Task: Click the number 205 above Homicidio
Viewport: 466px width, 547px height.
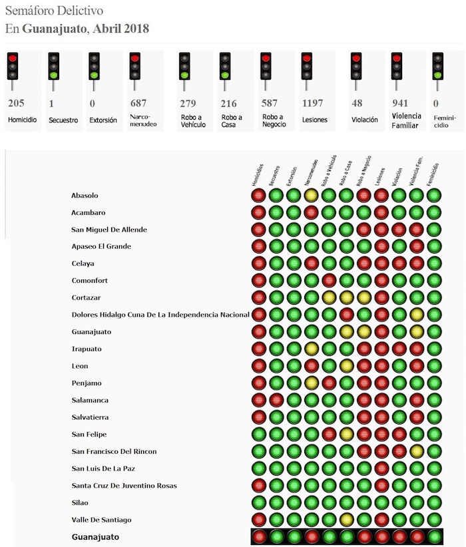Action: click(17, 103)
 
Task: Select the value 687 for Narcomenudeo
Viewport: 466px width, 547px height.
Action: click(138, 103)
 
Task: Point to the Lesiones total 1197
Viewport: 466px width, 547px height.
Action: click(312, 103)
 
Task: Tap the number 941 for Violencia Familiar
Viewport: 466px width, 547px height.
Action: click(400, 103)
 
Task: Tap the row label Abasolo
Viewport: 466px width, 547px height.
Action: click(85, 196)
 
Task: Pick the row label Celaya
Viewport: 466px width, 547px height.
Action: click(83, 264)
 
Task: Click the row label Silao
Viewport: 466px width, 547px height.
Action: click(80, 502)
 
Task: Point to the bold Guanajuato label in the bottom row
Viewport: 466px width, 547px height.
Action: click(96, 536)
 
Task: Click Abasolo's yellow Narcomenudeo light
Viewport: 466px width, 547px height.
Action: click(311, 196)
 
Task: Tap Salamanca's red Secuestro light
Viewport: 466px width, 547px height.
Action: click(276, 400)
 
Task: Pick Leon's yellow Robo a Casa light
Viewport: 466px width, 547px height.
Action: click(346, 365)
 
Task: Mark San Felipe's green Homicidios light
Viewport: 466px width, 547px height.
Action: click(259, 434)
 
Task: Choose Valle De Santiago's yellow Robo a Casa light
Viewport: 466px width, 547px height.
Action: click(346, 519)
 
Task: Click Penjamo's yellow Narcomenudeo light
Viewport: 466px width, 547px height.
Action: click(311, 383)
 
